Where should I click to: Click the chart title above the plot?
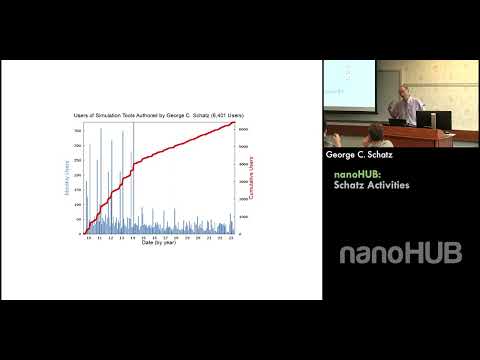pyautogui.click(x=159, y=116)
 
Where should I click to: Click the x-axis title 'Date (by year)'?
pyautogui.click(x=160, y=244)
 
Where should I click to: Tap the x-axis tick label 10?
pyautogui.click(x=88, y=238)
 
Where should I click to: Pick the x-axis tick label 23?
pyautogui.click(x=232, y=238)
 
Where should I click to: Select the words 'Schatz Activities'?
pyautogui.click(x=372, y=185)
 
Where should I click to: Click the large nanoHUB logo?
pyautogui.click(x=400, y=253)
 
